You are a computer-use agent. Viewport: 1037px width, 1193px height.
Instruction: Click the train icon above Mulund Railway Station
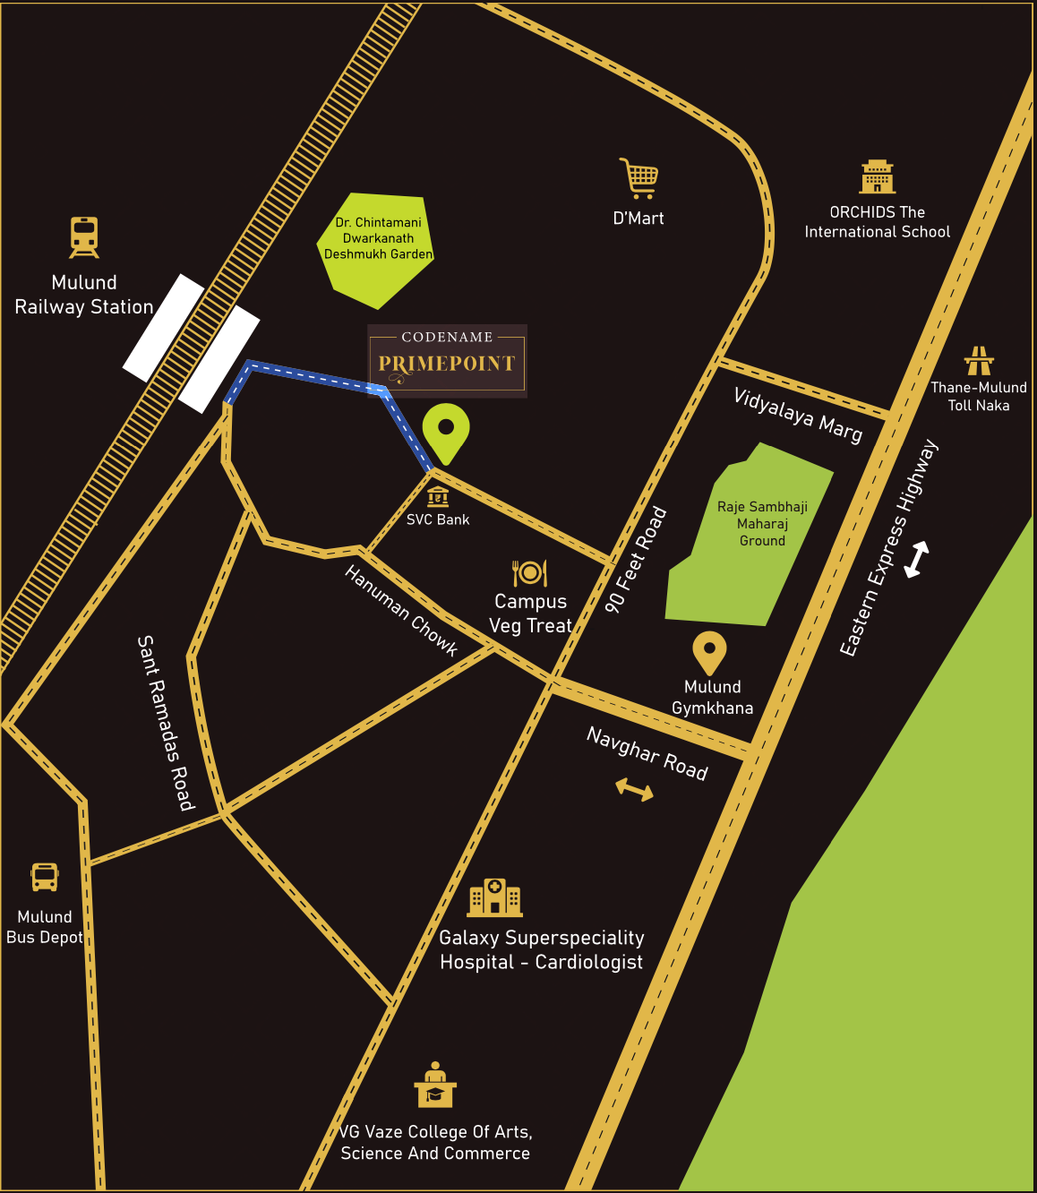click(x=84, y=237)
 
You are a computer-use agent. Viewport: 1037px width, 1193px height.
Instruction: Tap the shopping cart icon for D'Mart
click(x=639, y=178)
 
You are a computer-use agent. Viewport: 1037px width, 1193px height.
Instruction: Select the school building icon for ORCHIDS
click(x=878, y=177)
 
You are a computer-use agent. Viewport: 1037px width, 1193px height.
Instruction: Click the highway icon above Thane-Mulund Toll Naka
click(x=979, y=360)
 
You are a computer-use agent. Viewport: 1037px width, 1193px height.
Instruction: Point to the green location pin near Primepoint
click(x=446, y=432)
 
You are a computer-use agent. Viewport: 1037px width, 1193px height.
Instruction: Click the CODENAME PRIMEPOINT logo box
click(x=447, y=360)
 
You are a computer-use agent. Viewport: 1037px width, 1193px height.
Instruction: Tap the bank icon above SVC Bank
click(x=438, y=495)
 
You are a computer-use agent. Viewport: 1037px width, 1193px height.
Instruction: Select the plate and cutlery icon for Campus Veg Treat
click(x=529, y=572)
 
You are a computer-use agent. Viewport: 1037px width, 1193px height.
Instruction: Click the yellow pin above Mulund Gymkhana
click(x=709, y=652)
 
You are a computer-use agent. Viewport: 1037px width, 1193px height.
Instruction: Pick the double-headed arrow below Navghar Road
click(x=634, y=789)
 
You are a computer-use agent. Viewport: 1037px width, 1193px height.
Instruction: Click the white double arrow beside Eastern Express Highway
click(x=916, y=560)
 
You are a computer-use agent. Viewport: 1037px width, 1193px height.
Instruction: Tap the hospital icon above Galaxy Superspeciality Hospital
click(x=494, y=897)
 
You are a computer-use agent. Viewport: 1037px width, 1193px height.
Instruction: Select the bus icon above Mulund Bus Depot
click(x=45, y=877)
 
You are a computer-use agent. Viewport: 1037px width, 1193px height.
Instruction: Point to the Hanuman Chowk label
click(x=401, y=611)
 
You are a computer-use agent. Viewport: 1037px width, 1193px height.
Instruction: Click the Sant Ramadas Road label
click(x=165, y=723)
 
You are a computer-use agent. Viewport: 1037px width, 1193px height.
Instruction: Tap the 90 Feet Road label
click(x=636, y=560)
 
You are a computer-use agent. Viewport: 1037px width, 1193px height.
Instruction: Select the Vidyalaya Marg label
click(x=798, y=416)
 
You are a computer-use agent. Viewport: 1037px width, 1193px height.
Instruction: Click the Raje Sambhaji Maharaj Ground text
click(x=762, y=524)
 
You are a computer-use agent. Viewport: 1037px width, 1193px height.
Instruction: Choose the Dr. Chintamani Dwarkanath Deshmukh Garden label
click(x=379, y=238)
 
